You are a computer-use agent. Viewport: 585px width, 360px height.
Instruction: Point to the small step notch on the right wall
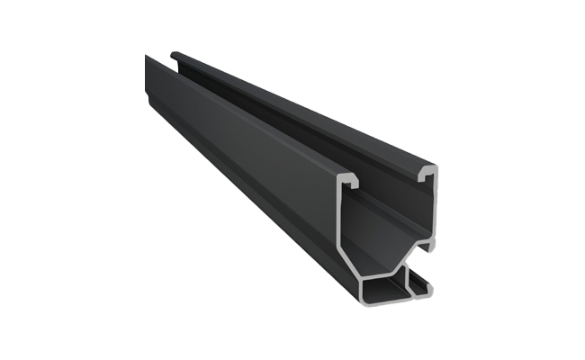(432, 245)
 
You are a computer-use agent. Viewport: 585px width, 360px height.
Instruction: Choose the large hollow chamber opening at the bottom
(385, 287)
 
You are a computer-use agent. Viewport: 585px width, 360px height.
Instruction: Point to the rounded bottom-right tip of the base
(430, 290)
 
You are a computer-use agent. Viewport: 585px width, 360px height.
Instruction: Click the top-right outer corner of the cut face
(436, 168)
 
